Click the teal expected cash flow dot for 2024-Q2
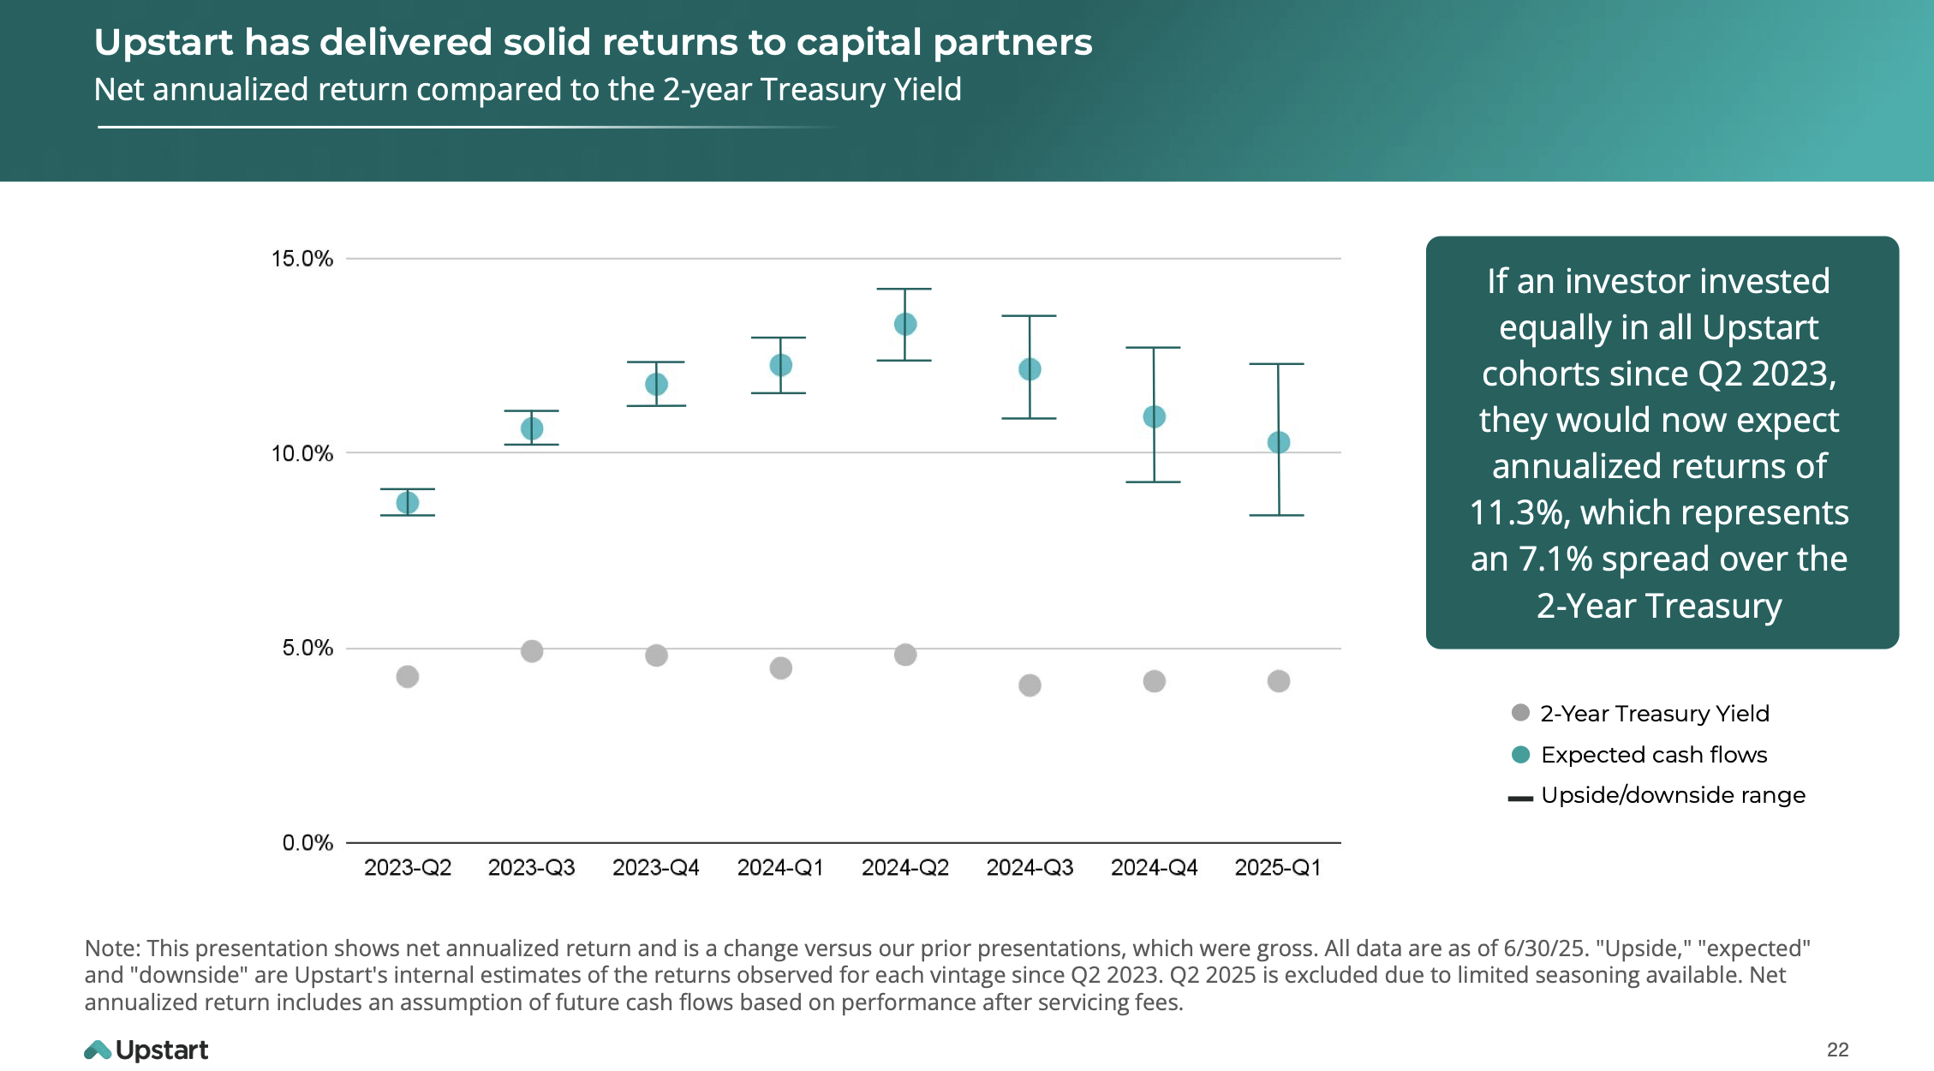pos(904,324)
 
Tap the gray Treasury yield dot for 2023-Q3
pos(531,651)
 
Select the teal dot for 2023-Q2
pos(408,503)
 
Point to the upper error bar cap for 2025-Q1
pos(1277,364)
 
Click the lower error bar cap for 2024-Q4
pos(1153,482)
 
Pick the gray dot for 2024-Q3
pos(1030,685)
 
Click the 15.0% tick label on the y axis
pos(301,259)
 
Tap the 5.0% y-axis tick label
pos(307,648)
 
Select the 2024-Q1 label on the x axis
pos(780,868)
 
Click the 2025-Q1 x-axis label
pos(1277,868)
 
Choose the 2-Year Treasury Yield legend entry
pos(1653,714)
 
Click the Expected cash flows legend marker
pos(1520,755)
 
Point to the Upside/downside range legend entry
pos(1672,795)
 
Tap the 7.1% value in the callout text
pos(1554,559)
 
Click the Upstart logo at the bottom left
pos(146,1050)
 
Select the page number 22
pos(1837,1050)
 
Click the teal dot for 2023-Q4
pos(656,384)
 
